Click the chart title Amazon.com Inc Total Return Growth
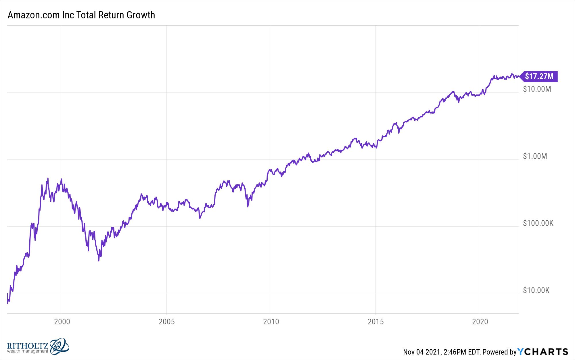(x=81, y=15)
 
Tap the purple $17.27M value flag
(x=539, y=76)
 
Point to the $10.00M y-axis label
(x=537, y=89)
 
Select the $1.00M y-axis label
(x=535, y=156)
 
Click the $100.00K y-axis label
(x=538, y=223)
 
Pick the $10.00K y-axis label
(x=536, y=290)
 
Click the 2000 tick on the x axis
(x=62, y=322)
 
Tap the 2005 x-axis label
(x=166, y=322)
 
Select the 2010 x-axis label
(x=271, y=322)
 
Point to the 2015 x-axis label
(x=375, y=322)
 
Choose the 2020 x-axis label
(x=480, y=322)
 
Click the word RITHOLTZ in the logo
(x=28, y=346)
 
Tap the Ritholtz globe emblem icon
(x=59, y=346)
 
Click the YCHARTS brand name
(x=543, y=352)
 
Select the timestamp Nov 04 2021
(x=421, y=352)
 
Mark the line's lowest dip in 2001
(x=99, y=260)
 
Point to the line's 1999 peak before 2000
(x=48, y=178)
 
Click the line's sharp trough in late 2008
(x=248, y=206)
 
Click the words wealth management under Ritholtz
(x=28, y=351)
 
